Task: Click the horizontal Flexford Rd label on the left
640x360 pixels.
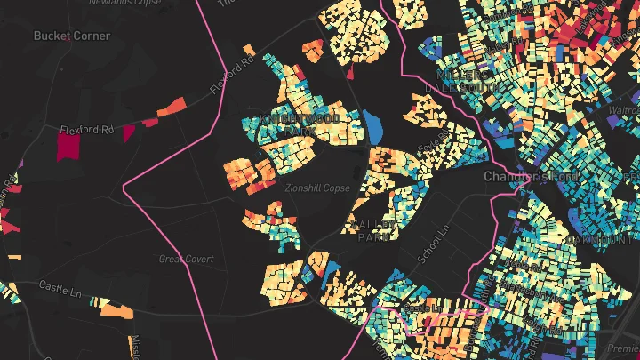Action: [x=87, y=130]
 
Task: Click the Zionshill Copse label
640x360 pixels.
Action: [x=318, y=188]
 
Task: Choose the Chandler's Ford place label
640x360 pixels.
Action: [x=532, y=177]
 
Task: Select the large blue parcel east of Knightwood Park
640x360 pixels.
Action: [x=373, y=127]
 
